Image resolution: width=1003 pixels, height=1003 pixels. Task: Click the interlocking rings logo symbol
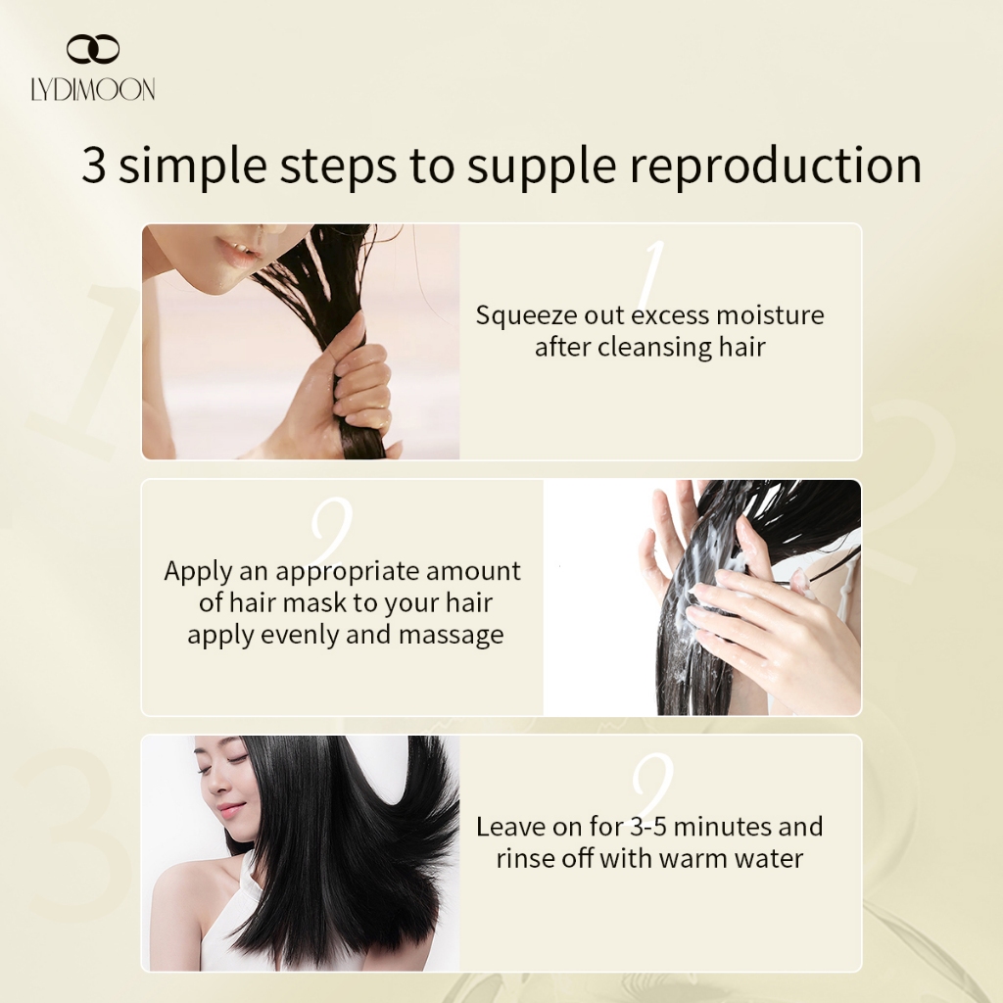93,49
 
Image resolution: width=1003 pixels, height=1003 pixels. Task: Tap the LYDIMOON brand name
93,89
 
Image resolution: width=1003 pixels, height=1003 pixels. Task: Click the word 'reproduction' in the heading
776,166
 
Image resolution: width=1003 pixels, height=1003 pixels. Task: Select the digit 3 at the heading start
93,165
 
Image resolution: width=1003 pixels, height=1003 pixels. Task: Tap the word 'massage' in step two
451,636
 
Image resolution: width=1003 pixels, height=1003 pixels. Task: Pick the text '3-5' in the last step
648,827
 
